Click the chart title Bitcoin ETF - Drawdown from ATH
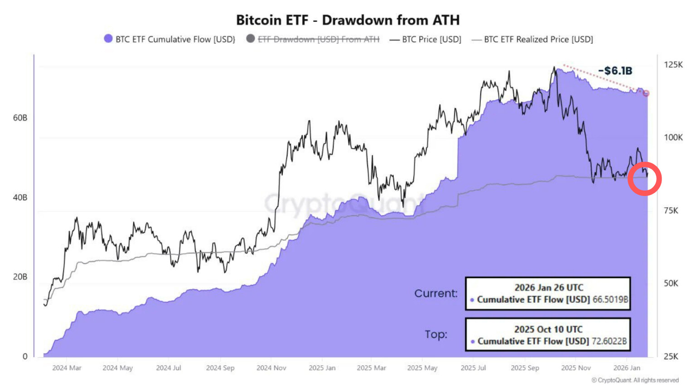pyautogui.click(x=348, y=20)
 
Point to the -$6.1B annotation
pyautogui.click(x=615, y=71)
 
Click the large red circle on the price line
pyautogui.click(x=644, y=179)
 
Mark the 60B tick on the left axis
pyautogui.click(x=20, y=118)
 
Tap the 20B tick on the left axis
pyautogui.click(x=20, y=277)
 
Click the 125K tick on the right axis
pyautogui.click(x=673, y=65)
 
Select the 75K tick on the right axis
pyautogui.click(x=671, y=211)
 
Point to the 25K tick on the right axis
pyautogui.click(x=671, y=357)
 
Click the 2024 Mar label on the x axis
pyautogui.click(x=67, y=368)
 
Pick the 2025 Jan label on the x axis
pyautogui.click(x=322, y=368)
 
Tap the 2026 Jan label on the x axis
pyautogui.click(x=627, y=368)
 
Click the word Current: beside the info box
pyautogui.click(x=436, y=294)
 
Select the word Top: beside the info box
pyautogui.click(x=436, y=334)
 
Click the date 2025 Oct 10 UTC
pyautogui.click(x=548, y=329)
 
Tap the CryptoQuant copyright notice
pyautogui.click(x=635, y=380)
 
